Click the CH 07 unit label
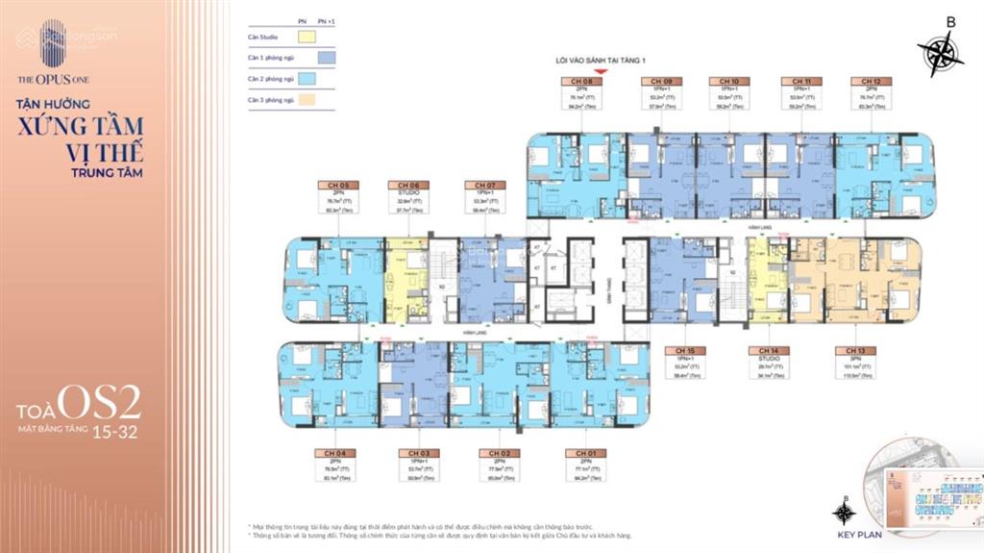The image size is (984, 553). (479, 185)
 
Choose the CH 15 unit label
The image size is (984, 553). (684, 350)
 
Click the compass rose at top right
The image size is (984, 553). (939, 52)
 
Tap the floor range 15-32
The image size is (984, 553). (114, 433)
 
